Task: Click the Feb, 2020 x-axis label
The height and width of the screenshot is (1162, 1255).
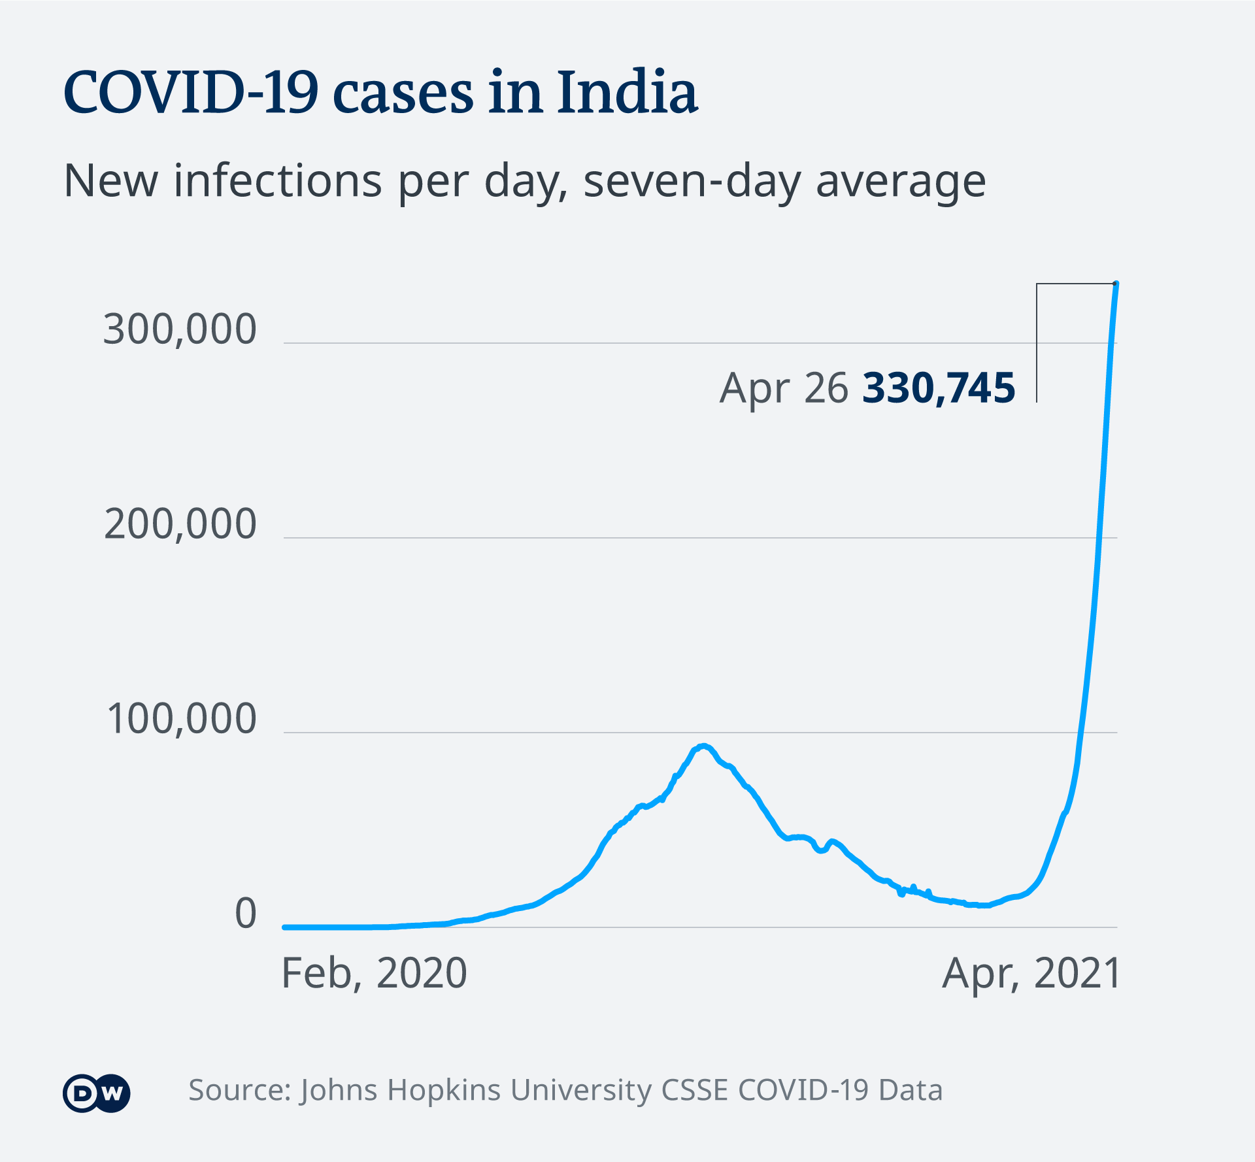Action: coord(374,973)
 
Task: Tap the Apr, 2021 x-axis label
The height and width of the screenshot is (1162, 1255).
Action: coord(1031,973)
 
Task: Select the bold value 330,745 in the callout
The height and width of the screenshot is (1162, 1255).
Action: coord(939,388)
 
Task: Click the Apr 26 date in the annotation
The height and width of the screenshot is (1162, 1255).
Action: coord(784,388)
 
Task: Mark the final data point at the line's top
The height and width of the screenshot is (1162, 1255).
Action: coord(1116,284)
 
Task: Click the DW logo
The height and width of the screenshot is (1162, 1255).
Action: coord(97,1093)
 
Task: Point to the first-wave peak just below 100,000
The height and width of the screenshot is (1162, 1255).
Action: coord(703,746)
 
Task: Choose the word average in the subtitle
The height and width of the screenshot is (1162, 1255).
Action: coord(901,181)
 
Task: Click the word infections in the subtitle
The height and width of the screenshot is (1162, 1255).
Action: coord(278,181)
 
